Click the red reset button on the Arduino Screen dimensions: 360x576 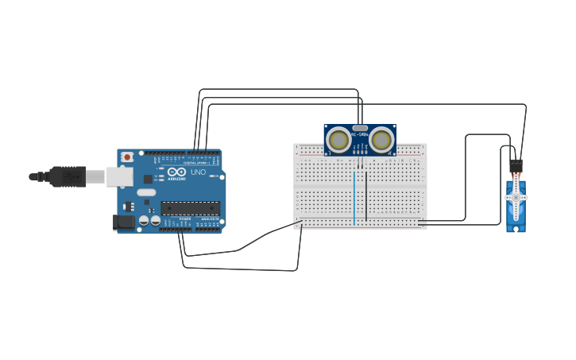click(x=126, y=157)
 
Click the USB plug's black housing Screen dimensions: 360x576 click(x=67, y=176)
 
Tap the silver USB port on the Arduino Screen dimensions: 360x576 click(x=120, y=176)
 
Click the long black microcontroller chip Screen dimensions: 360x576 click(x=190, y=208)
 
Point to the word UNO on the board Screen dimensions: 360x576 click(x=198, y=172)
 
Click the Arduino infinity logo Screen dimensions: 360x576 click(x=176, y=172)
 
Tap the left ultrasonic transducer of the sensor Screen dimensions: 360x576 click(x=338, y=141)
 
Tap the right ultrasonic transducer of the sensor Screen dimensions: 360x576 click(x=381, y=141)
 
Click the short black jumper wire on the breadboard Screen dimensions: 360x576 click(x=366, y=195)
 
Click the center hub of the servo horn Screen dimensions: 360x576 click(x=516, y=197)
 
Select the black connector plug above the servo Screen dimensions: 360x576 click(x=516, y=165)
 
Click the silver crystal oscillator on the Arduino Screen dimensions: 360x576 click(x=146, y=192)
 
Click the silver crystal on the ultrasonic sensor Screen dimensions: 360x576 click(x=360, y=128)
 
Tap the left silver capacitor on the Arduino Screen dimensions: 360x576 click(x=145, y=220)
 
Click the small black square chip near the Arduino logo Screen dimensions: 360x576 click(x=148, y=180)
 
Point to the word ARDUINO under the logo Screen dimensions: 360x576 click(x=176, y=179)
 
